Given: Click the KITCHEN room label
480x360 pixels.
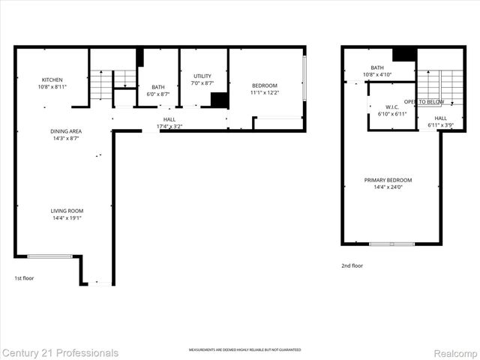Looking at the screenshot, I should (x=52, y=80).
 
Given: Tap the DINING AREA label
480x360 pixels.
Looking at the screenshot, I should (x=66, y=132).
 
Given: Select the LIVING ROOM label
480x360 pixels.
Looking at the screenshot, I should (x=66, y=211).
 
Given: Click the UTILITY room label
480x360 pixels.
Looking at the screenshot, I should (x=202, y=76).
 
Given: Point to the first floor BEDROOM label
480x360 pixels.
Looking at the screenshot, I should (x=264, y=85).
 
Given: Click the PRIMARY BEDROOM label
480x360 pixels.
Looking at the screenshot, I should (x=388, y=180).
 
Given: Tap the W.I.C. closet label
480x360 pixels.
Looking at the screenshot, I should (x=391, y=106).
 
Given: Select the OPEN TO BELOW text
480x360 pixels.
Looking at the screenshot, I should (x=424, y=101).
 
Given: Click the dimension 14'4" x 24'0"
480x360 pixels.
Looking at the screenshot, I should (x=388, y=187).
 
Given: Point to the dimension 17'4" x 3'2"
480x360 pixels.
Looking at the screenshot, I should (x=169, y=126).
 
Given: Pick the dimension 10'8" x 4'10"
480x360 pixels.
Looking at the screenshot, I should (x=377, y=75).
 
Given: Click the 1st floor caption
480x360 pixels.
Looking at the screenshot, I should (x=24, y=278).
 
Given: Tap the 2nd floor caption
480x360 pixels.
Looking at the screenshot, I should (x=352, y=265).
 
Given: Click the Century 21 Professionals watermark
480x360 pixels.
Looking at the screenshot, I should (x=60, y=352).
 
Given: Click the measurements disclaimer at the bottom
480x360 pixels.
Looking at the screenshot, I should (x=244, y=350).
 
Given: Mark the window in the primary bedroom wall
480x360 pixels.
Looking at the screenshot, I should (x=391, y=244).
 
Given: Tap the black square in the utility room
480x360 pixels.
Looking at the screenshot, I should (x=219, y=100).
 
